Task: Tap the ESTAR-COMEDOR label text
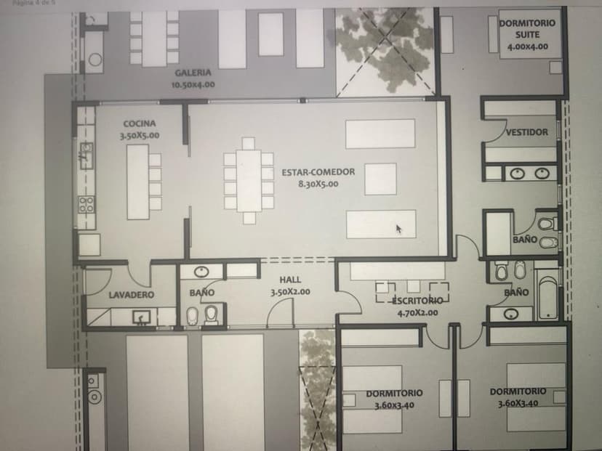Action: coord(318,172)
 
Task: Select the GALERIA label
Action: coord(193,73)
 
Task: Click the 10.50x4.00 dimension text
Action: coord(193,84)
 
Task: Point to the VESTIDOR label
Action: coord(526,132)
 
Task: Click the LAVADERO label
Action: coord(132,295)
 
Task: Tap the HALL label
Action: coord(290,280)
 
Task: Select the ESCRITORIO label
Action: coord(417,300)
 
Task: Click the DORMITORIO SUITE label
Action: coord(527,29)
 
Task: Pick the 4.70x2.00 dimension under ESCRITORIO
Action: coord(417,312)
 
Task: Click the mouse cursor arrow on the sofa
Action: coord(398,229)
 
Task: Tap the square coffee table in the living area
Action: coord(380,179)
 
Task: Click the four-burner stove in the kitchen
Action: coord(87,204)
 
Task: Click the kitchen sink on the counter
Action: coord(86,155)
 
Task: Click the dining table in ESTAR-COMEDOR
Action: coord(249,181)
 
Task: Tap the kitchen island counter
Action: coord(138,182)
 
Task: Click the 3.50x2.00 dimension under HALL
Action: coord(290,292)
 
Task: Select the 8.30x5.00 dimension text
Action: coord(318,184)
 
